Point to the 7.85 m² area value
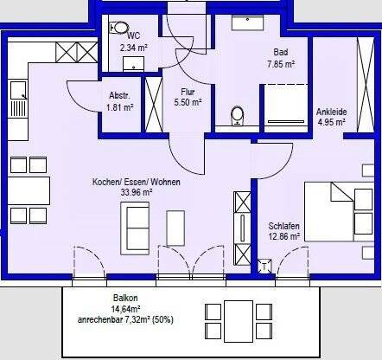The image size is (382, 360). coord(277,63)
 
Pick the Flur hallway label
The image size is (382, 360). coord(188,91)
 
